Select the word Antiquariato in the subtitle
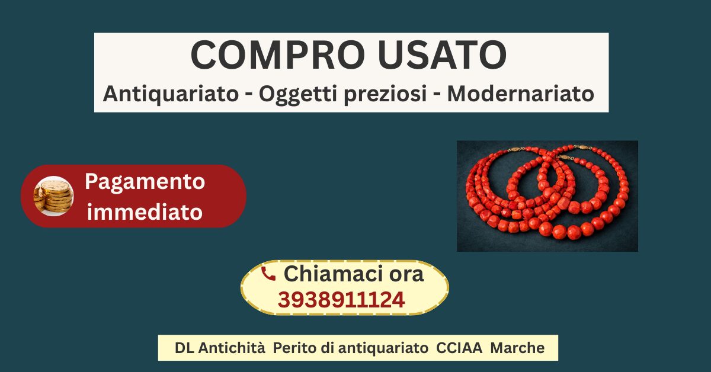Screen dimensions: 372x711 point(171,94)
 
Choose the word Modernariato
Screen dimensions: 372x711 point(520,94)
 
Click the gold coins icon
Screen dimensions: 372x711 point(54,196)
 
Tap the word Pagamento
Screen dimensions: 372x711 point(145,182)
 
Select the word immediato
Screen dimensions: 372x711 point(145,211)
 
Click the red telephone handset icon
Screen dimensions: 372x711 point(268,274)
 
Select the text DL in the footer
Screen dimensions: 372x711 point(184,348)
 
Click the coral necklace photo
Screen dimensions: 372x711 point(547,196)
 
